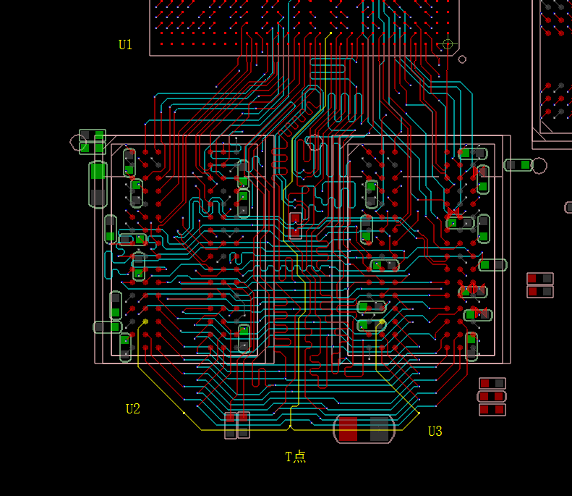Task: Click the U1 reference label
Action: coord(125,45)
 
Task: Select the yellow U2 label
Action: coord(132,409)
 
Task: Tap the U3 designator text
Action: coord(435,432)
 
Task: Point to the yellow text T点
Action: coord(295,456)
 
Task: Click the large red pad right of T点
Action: coord(349,429)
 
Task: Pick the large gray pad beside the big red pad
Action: coord(380,429)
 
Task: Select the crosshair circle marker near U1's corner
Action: coord(448,44)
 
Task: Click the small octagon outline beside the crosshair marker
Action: coord(462,59)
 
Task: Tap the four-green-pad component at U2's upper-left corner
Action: coord(93,142)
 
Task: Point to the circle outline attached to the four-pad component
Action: coord(77,142)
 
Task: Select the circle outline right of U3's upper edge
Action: coord(539,165)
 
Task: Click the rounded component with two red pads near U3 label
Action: coord(492,396)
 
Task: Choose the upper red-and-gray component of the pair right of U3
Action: coord(539,279)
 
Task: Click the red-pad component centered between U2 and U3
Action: coord(295,225)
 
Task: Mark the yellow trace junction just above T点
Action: coord(291,426)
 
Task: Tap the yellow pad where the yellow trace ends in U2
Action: coord(145,321)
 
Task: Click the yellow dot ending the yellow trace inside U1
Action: coord(330,33)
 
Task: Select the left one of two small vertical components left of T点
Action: coord(231,425)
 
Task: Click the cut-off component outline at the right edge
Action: coord(568,207)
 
